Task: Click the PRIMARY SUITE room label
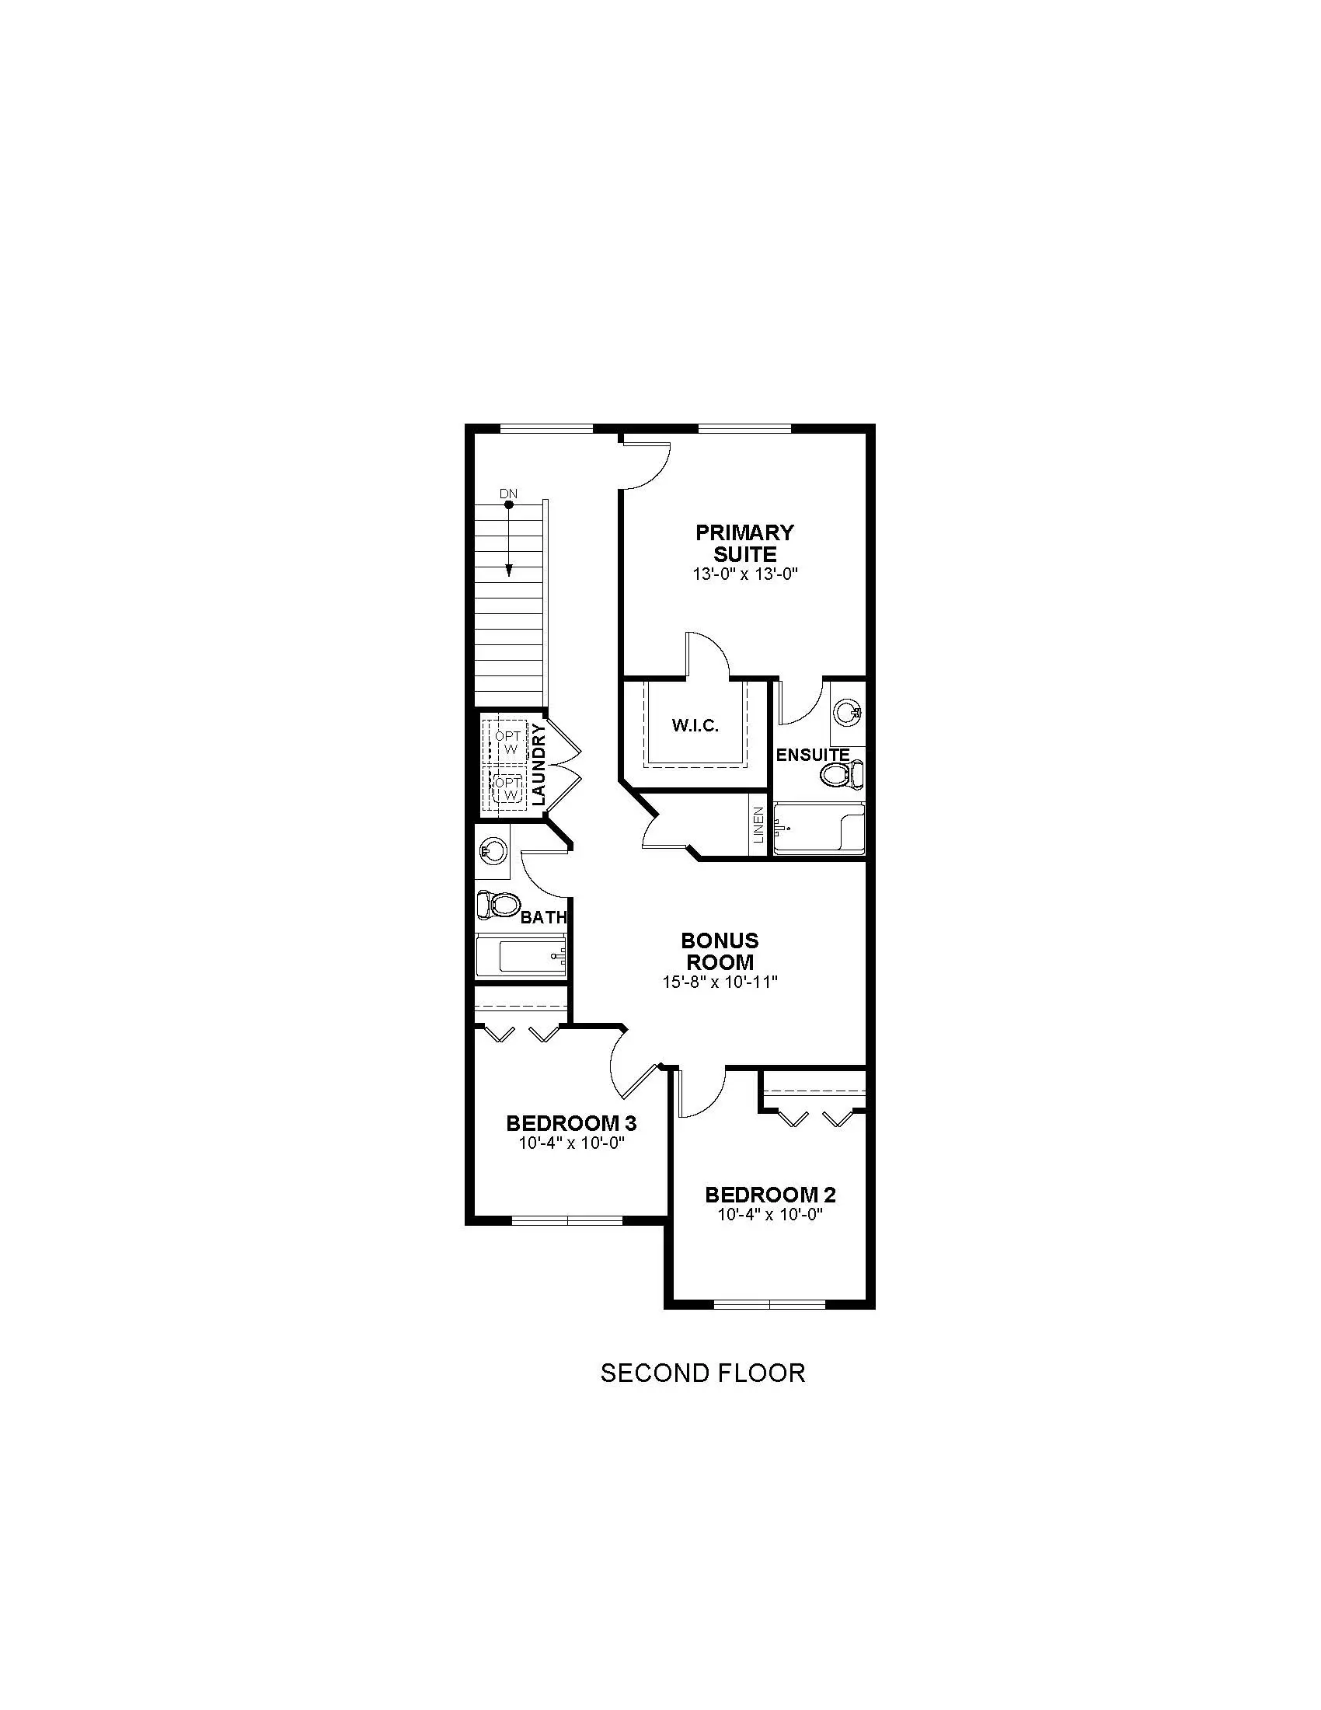[x=744, y=543]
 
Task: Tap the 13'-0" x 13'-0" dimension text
[x=744, y=574]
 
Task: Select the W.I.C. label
[x=695, y=726]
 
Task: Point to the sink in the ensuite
[x=848, y=713]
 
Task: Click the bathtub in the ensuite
[x=817, y=829]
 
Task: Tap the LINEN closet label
[x=758, y=825]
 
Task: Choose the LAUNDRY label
[x=538, y=765]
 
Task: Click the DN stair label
[x=509, y=494]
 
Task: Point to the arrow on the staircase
[x=509, y=539]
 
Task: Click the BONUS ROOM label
[x=720, y=951]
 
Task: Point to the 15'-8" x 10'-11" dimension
[x=720, y=982]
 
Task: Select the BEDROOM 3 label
[x=571, y=1124]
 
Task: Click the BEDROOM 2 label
[x=770, y=1195]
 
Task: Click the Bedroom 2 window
[x=770, y=1304]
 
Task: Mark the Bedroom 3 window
[x=567, y=1220]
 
